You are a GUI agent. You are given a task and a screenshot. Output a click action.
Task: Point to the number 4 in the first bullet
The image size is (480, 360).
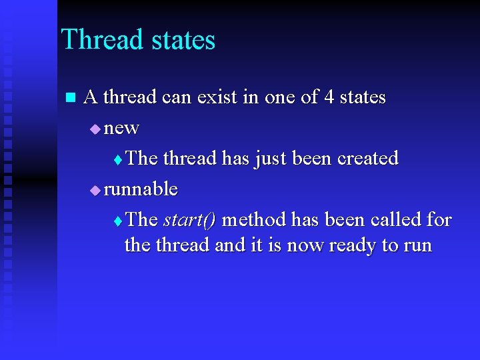329,97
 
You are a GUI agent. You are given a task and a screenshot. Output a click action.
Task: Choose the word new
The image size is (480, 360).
121,128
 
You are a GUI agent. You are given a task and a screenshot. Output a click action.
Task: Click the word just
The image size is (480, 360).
271,159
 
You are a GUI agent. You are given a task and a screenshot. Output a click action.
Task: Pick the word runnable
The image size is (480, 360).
141,189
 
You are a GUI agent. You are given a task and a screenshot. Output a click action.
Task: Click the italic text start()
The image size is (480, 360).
189,220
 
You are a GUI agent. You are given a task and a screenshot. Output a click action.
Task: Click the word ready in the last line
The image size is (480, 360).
352,245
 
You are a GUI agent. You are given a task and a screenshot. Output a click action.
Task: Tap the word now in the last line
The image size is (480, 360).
305,245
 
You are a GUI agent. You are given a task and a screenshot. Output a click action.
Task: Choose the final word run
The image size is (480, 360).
417,245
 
